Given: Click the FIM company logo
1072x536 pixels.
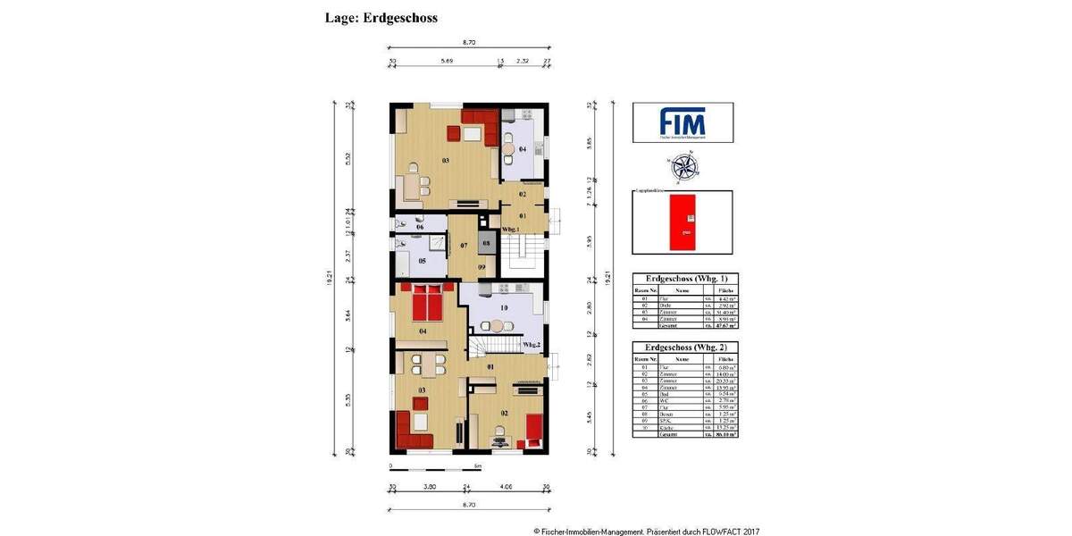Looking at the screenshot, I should click(683, 122).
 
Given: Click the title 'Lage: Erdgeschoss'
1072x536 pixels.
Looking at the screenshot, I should click(381, 17).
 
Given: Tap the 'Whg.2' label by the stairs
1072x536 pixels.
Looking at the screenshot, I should click(532, 344).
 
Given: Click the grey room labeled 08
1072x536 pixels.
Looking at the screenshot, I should click(486, 242).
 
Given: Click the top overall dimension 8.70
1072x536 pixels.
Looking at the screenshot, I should click(468, 42).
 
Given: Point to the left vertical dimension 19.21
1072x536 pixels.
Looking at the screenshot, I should click(332, 279).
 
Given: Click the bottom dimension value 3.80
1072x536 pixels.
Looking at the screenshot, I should click(429, 489).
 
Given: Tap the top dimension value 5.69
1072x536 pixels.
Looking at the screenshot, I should click(445, 63).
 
